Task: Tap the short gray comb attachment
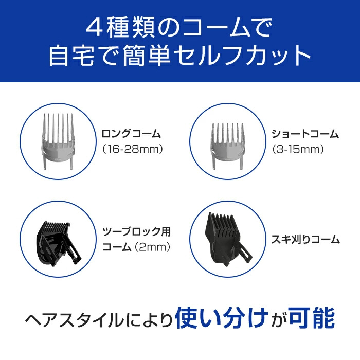(x=228, y=147)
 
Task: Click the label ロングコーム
(x=131, y=134)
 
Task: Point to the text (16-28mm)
(x=133, y=149)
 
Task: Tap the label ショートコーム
(x=305, y=134)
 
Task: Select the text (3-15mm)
(x=298, y=149)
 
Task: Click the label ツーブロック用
(x=137, y=231)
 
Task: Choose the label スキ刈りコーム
(x=305, y=239)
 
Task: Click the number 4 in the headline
(x=94, y=28)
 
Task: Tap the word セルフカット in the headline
(x=242, y=56)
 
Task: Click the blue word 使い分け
(x=221, y=318)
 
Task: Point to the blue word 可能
(x=312, y=318)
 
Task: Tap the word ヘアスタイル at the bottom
(x=75, y=320)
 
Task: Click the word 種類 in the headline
(x=130, y=28)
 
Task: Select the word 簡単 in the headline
(x=147, y=56)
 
